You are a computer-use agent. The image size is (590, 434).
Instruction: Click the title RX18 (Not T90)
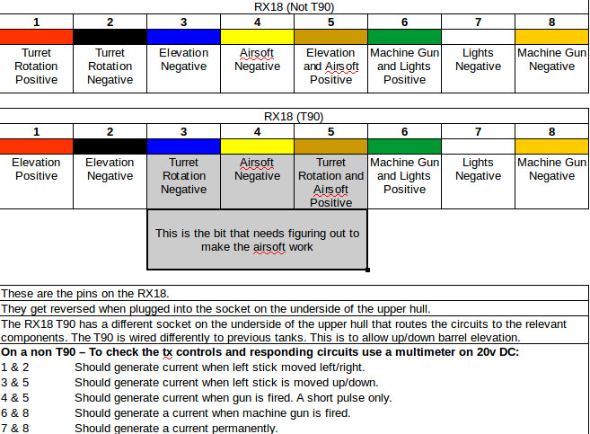[x=294, y=7]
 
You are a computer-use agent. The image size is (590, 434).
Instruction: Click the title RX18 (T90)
[x=294, y=117]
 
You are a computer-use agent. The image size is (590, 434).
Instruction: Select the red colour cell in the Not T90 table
[x=37, y=37]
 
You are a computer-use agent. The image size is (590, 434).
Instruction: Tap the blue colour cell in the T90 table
[x=183, y=146]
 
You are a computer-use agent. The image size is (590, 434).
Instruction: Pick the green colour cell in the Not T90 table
[x=404, y=37]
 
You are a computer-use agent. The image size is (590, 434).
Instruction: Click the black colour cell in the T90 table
[x=110, y=146]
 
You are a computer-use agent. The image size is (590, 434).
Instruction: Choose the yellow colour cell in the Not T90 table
[x=257, y=37]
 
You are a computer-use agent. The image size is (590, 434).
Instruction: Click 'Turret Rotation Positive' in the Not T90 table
[x=37, y=66]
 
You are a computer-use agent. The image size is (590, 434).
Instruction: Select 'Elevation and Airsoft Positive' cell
[x=330, y=66]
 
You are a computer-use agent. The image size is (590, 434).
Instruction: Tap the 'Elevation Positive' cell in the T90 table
[x=37, y=169]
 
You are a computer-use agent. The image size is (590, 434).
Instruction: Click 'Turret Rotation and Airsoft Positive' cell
[x=330, y=182]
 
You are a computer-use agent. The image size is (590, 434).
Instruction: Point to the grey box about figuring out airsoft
[x=257, y=239]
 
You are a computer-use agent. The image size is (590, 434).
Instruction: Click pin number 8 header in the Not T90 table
[x=551, y=22]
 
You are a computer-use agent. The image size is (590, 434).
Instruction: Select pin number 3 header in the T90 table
[x=183, y=131]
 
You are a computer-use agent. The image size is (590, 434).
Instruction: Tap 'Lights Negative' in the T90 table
[x=478, y=169]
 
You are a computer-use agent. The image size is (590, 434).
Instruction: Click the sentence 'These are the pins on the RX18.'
[x=85, y=294]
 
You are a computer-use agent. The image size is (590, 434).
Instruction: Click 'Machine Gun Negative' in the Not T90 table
[x=551, y=59]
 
